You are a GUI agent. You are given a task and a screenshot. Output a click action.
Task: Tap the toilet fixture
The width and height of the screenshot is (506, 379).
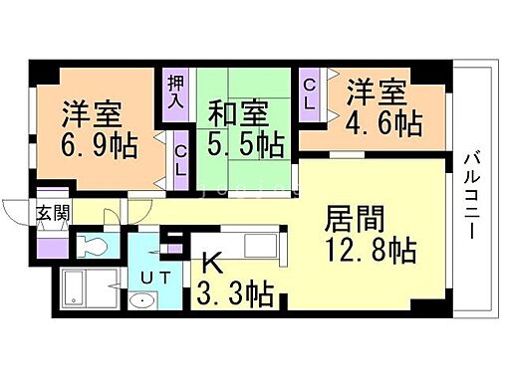coord(91,246)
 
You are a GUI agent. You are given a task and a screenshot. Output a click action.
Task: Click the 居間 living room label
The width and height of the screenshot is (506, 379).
coord(353,218)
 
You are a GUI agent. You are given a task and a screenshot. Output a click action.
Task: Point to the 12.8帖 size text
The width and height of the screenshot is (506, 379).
coord(368,249)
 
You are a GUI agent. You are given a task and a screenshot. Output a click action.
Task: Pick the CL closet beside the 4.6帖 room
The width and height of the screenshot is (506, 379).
coord(310,95)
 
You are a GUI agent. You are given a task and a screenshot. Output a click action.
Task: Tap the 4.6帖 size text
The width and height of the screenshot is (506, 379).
coord(383,123)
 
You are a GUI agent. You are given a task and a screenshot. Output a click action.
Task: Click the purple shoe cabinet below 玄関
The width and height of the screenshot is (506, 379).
coord(52,239)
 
